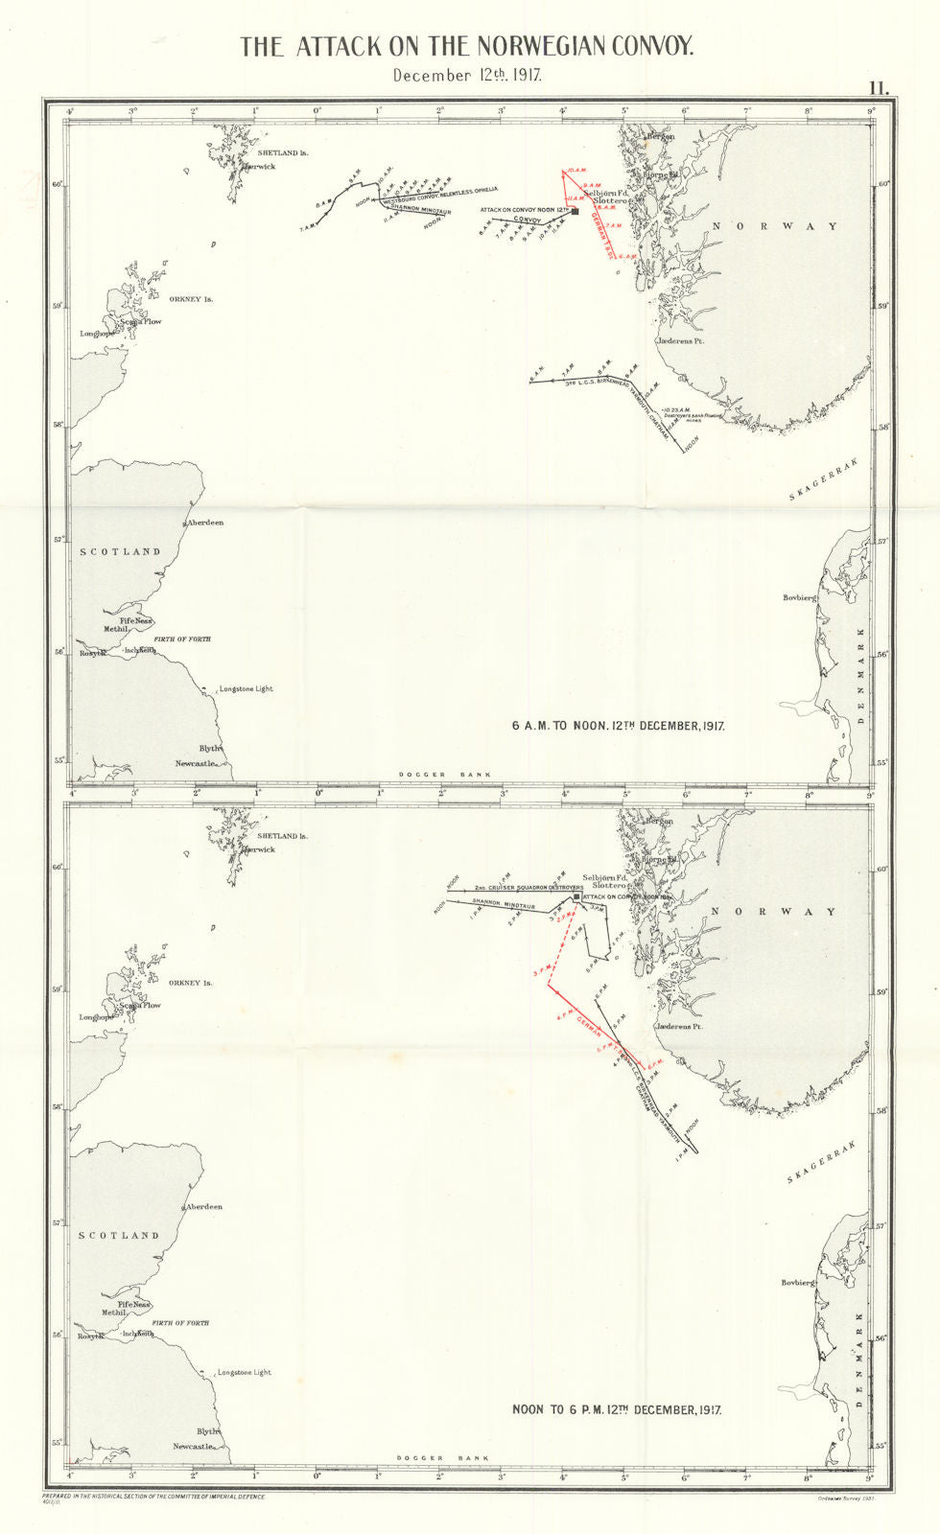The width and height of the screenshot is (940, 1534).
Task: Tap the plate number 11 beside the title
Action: [879, 87]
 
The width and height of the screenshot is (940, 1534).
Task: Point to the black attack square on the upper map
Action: [576, 212]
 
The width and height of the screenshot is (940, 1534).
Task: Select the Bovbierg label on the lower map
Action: [798, 1282]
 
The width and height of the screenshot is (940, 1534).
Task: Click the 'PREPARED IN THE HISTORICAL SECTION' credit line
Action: [153, 1497]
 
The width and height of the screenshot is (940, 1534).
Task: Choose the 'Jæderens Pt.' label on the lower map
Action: [679, 1026]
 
